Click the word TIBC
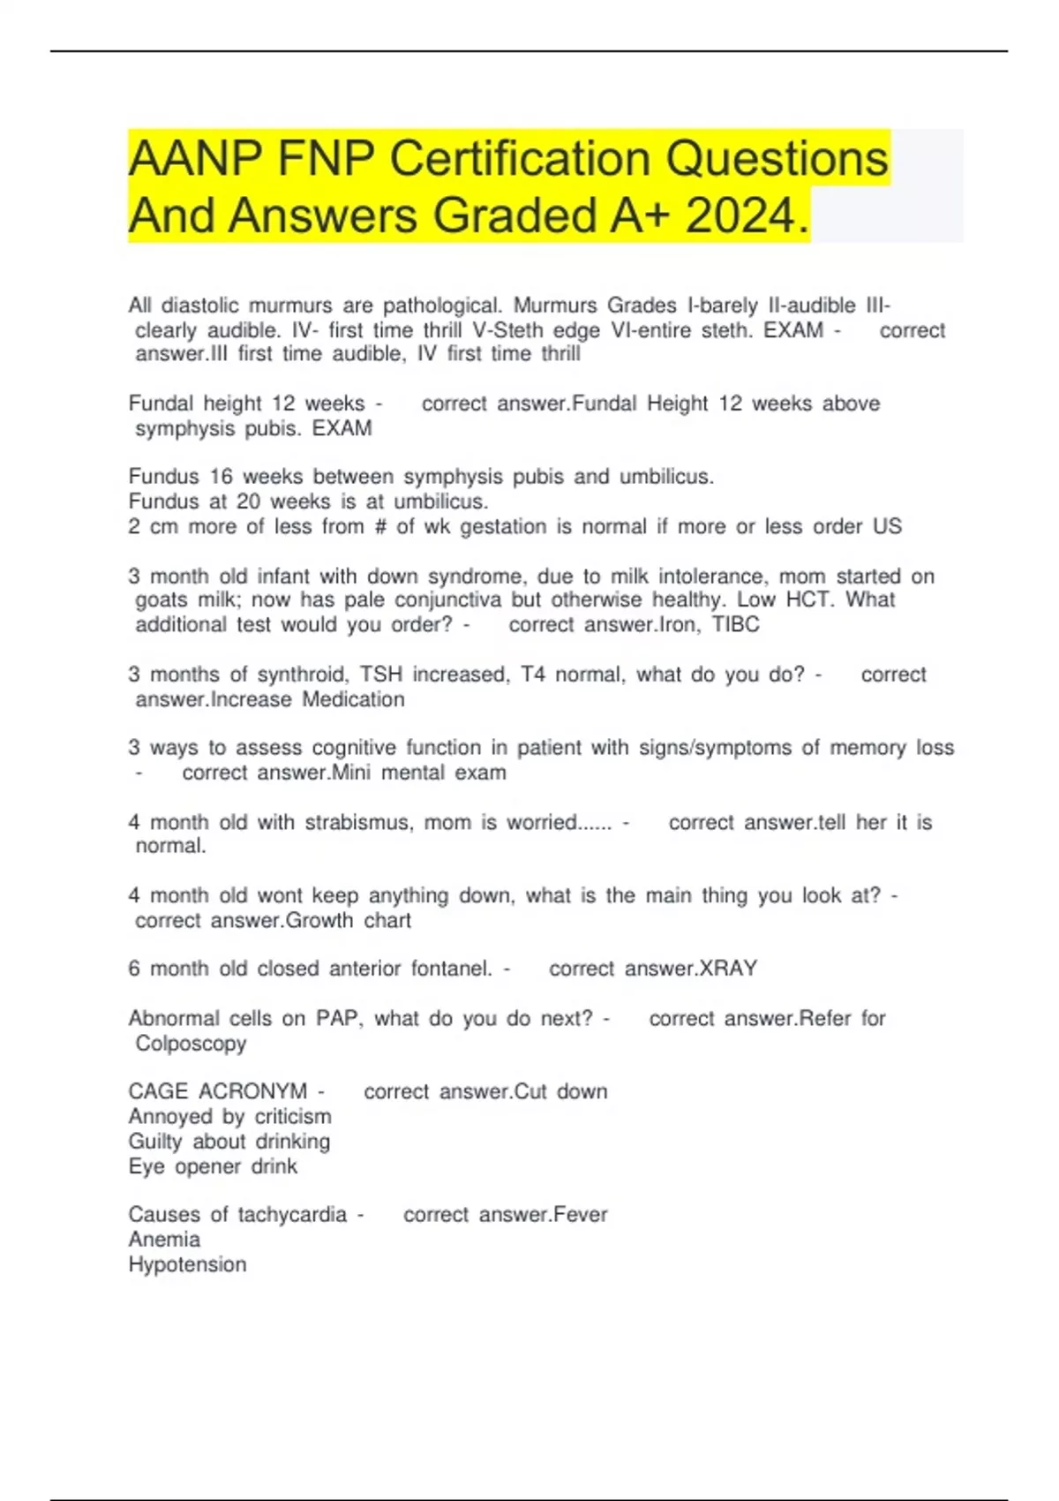pyautogui.click(x=736, y=624)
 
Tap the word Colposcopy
pyautogui.click(x=191, y=1043)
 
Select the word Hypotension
pyautogui.click(x=187, y=1264)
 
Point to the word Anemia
pyautogui.click(x=164, y=1240)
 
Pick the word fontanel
pyautogui.click(x=451, y=969)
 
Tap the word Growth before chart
pyautogui.click(x=319, y=920)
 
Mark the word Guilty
pyautogui.click(x=155, y=1142)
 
